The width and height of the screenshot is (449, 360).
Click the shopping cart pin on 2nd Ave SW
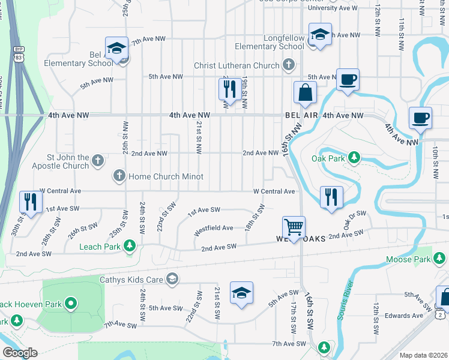(294, 227)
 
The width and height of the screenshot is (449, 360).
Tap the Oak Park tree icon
(354, 158)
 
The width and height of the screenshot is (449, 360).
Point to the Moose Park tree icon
(440, 259)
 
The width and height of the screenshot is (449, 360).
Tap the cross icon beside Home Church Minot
(119, 176)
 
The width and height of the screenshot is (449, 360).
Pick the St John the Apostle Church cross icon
(98, 160)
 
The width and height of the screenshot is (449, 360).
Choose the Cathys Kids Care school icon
(172, 278)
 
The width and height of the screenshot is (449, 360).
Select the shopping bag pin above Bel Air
(305, 92)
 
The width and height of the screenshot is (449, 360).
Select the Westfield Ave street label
(213, 228)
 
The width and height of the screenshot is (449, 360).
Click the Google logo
(20, 353)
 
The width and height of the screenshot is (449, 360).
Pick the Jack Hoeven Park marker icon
(71, 304)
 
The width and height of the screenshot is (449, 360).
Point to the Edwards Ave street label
(404, 316)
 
